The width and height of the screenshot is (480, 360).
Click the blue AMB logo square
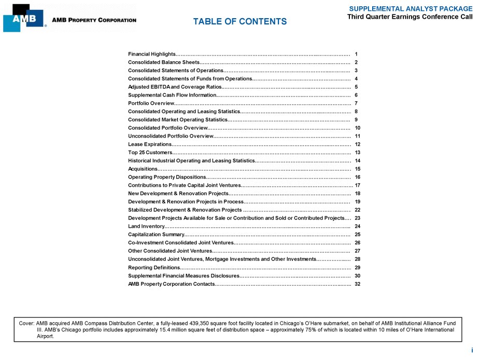click(24, 19)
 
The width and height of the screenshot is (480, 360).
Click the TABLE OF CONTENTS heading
click(239, 22)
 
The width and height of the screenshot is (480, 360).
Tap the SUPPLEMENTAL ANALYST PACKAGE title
click(411, 9)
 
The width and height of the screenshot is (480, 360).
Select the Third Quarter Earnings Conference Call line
click(410, 17)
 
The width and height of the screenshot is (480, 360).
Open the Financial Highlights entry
click(152, 54)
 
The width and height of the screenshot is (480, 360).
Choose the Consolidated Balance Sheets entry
click(160, 62)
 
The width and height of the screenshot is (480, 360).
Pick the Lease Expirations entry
click(150, 144)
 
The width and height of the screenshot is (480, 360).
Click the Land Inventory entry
click(146, 226)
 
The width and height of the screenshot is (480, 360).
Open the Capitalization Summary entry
click(156, 234)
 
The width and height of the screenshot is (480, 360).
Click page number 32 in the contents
click(357, 284)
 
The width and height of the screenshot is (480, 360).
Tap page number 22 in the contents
click(357, 210)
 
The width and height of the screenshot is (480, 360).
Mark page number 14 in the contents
click(357, 161)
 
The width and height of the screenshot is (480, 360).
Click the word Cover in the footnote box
click(26, 323)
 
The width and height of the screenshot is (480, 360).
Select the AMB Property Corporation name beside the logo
click(94, 20)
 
